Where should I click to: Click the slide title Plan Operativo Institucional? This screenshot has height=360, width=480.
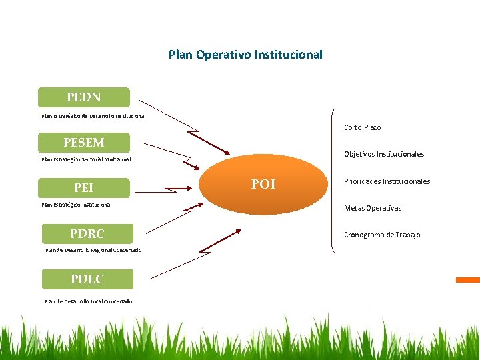(x=245, y=55)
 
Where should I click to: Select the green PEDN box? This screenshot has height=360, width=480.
(x=84, y=97)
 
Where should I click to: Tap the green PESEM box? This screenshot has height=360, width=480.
(x=84, y=143)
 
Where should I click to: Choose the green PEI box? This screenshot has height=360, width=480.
(x=84, y=188)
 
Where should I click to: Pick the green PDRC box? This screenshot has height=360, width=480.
(x=87, y=234)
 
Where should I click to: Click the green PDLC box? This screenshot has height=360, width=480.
(x=87, y=279)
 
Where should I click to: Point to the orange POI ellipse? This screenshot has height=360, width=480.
(x=263, y=185)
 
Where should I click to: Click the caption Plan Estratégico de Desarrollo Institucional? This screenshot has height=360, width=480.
(x=93, y=116)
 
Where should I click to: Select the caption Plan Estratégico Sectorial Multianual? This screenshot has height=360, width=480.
(x=86, y=160)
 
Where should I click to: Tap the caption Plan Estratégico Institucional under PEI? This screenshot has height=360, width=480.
(x=77, y=205)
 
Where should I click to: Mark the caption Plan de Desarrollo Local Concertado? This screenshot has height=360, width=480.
(x=89, y=301)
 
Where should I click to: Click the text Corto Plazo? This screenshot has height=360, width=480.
(x=362, y=127)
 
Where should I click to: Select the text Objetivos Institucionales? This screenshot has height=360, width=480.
(x=383, y=154)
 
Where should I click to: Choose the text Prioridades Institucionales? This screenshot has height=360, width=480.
(x=387, y=181)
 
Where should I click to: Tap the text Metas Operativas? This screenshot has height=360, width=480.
(x=372, y=208)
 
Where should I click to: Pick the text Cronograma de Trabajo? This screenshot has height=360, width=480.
(x=381, y=235)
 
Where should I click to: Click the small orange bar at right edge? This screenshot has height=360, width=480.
(x=467, y=280)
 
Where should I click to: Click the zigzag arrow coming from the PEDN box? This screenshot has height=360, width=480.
(x=187, y=127)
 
